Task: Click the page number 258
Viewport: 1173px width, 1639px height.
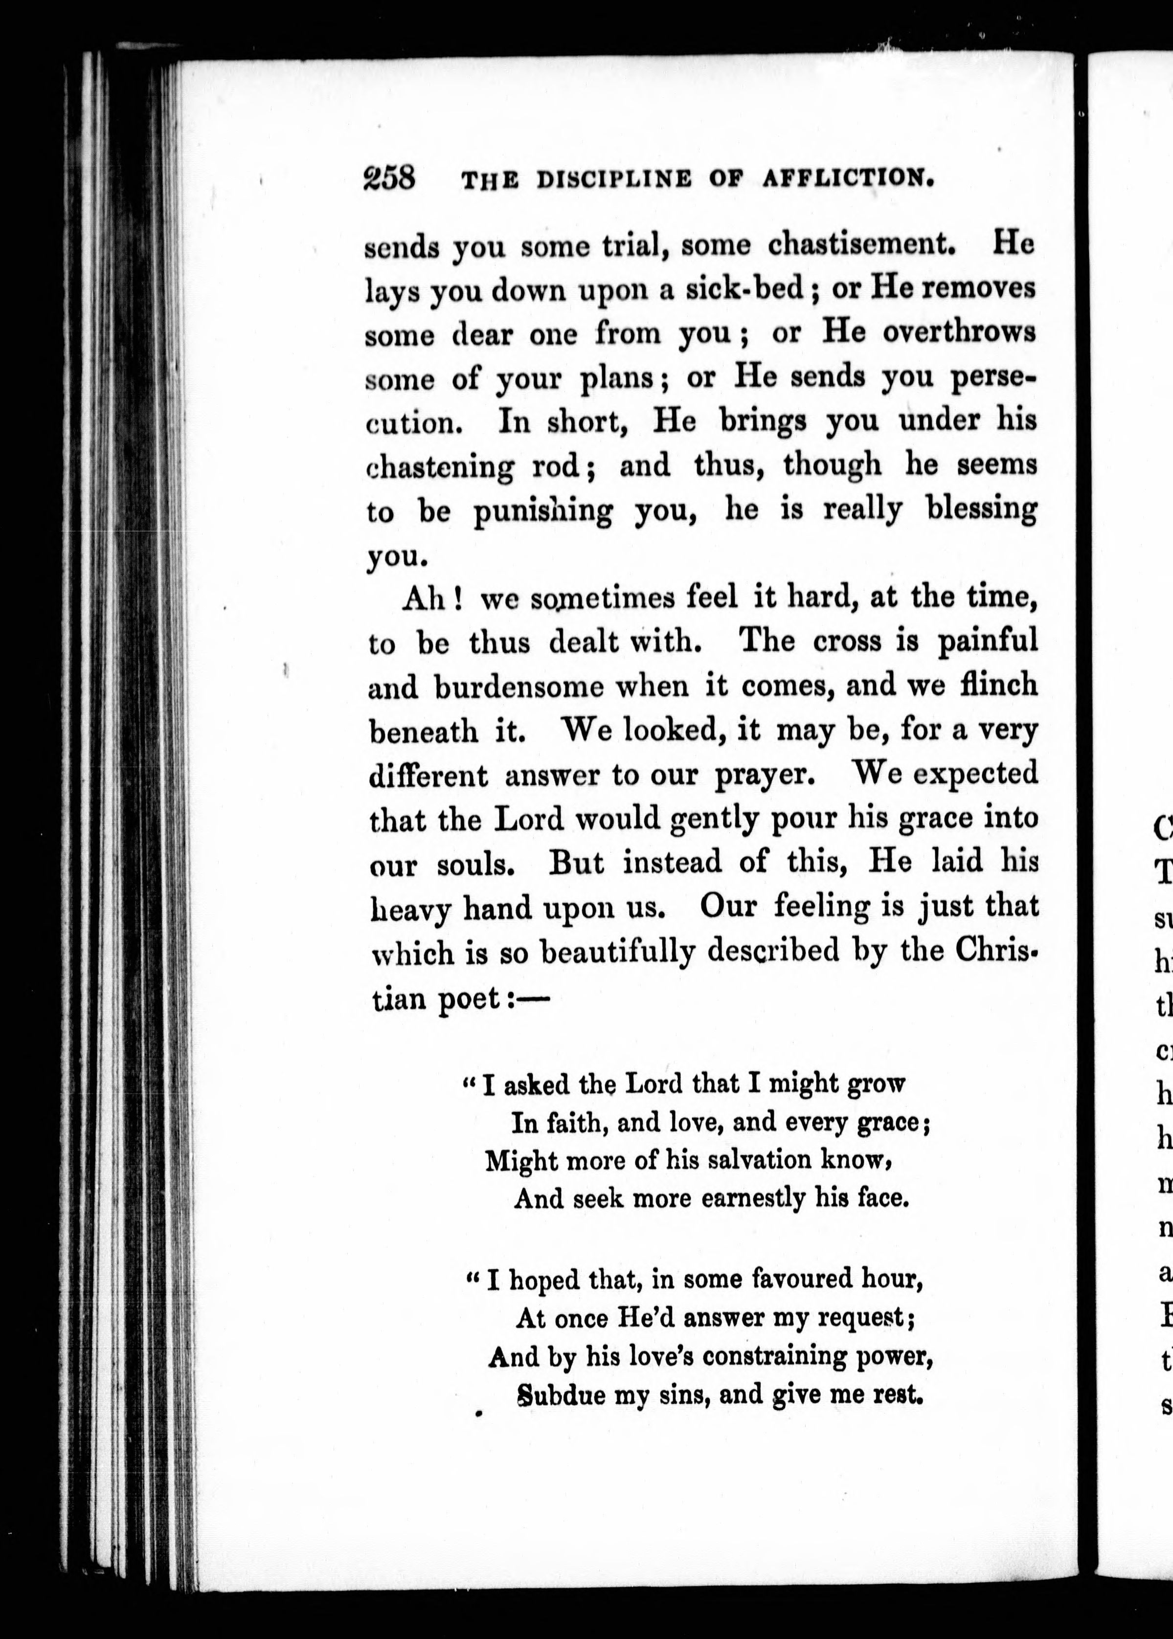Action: point(389,177)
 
